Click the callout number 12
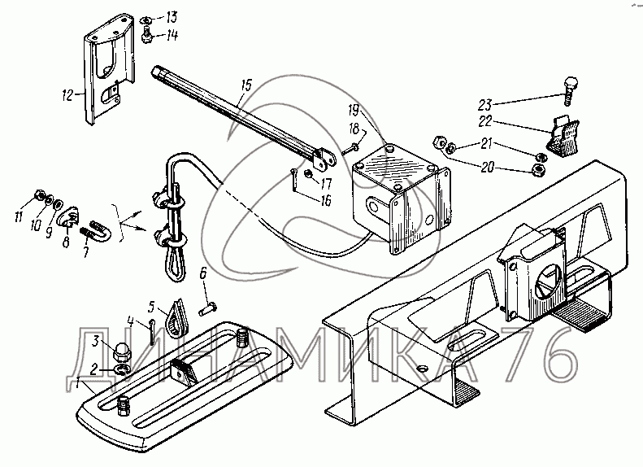(67, 96)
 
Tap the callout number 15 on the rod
(246, 85)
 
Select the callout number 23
(484, 105)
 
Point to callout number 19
(354, 111)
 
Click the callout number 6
(203, 273)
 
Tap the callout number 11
(18, 216)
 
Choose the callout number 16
(325, 201)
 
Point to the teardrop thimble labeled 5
(176, 318)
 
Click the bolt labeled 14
(146, 33)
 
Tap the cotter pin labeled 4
(152, 332)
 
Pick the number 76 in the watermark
(541, 355)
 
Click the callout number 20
(487, 168)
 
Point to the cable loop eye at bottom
(175, 263)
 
